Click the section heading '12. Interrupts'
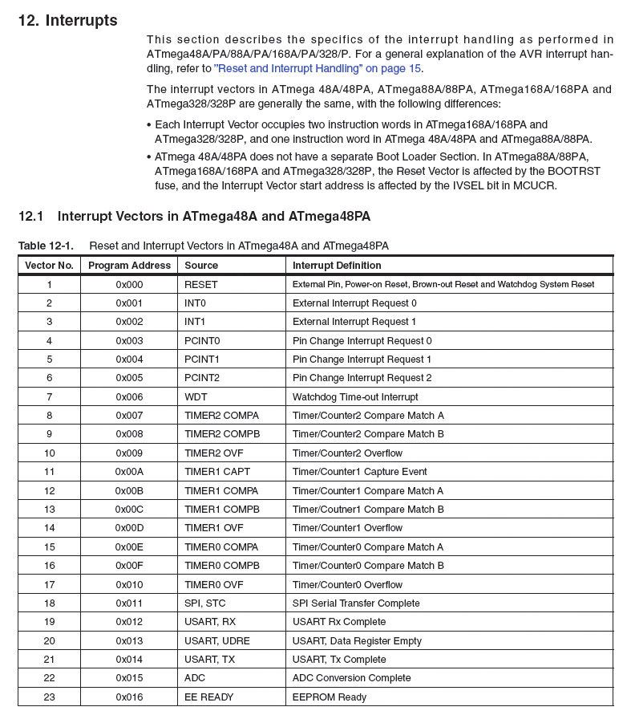point(67,21)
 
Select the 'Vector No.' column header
point(49,266)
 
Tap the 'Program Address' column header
point(129,266)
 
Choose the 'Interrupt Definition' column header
point(337,266)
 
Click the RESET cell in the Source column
point(200,285)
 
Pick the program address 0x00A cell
point(129,472)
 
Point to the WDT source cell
point(195,397)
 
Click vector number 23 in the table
point(49,697)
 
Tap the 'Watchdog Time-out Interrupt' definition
point(355,397)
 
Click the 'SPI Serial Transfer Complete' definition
point(356,603)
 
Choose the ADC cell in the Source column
point(195,678)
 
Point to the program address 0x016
point(129,697)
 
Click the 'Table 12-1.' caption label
point(46,246)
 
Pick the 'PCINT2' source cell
point(202,378)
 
